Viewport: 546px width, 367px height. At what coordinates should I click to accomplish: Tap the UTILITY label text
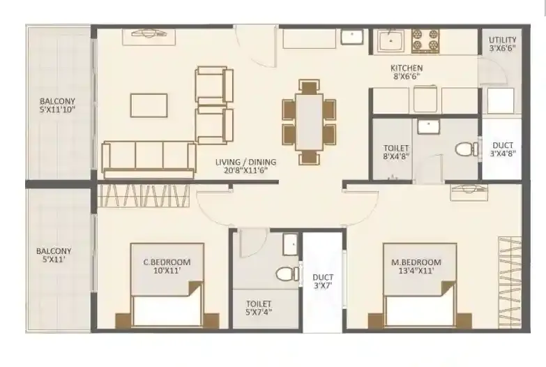tap(502, 44)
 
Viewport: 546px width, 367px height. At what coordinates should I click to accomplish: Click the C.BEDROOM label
tap(167, 267)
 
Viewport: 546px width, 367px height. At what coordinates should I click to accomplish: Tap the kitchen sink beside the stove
tap(390, 40)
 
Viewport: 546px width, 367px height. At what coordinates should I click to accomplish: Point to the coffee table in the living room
tap(149, 105)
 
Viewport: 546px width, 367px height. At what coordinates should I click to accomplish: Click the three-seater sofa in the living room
tap(149, 156)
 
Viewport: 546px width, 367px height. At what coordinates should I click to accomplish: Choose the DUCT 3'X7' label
tap(322, 281)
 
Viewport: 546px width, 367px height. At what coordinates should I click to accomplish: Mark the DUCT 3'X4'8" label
tap(502, 149)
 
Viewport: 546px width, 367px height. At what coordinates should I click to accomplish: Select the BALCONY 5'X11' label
tap(54, 255)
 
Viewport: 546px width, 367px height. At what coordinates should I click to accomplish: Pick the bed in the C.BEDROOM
tap(167, 307)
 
